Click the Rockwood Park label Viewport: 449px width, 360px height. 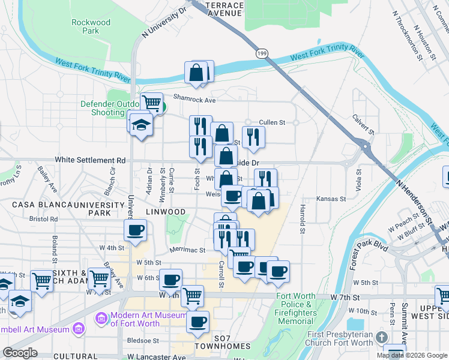click(x=91, y=26)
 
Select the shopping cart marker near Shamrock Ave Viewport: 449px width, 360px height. click(x=152, y=103)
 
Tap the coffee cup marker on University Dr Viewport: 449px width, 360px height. click(x=136, y=229)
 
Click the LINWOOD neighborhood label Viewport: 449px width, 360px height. click(x=166, y=212)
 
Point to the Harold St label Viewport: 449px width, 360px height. click(x=303, y=220)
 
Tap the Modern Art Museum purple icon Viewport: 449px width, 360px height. click(x=101, y=317)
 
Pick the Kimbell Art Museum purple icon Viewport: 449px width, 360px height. click(x=77, y=328)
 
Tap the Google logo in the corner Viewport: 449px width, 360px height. click(x=20, y=353)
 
